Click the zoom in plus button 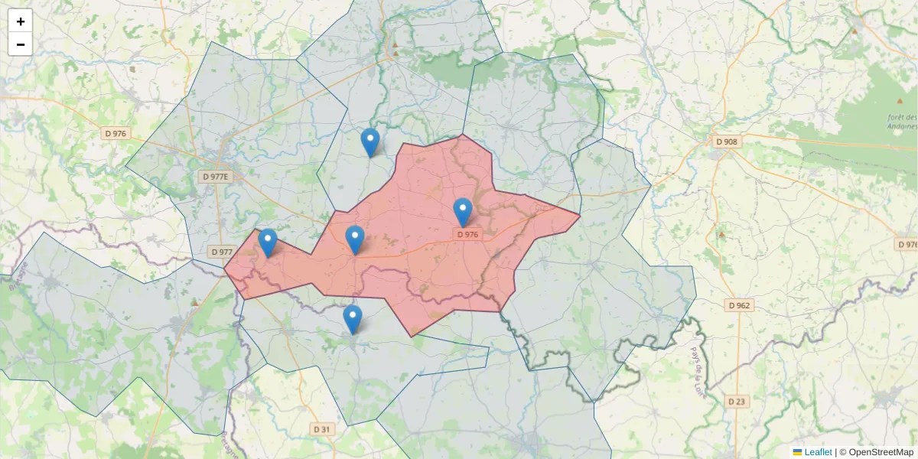tap(21, 21)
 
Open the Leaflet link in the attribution tap(818, 452)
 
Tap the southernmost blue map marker tap(352, 319)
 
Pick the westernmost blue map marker tap(267, 243)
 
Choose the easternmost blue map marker tap(462, 212)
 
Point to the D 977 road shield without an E tap(221, 252)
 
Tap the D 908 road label tap(727, 142)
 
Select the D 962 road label tap(739, 305)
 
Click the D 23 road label tap(737, 402)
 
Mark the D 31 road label tap(322, 429)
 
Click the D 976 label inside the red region tap(467, 235)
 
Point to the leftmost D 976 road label tap(116, 133)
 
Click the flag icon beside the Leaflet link tap(797, 452)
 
